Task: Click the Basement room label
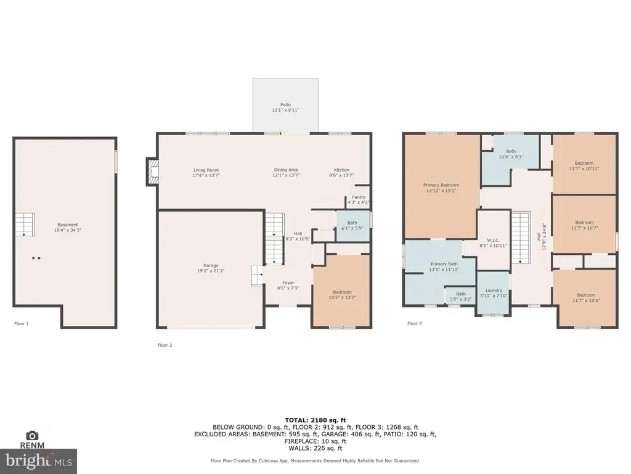(x=68, y=225)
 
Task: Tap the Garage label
(x=211, y=265)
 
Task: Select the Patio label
(x=286, y=105)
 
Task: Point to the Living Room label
(x=206, y=170)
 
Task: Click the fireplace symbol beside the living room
(x=153, y=172)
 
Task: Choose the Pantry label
(x=359, y=197)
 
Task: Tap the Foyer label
(x=288, y=283)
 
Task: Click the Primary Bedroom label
(x=441, y=185)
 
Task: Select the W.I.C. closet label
(x=493, y=240)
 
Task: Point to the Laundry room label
(x=494, y=290)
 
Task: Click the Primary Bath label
(x=444, y=264)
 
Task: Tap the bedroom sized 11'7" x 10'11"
(x=584, y=165)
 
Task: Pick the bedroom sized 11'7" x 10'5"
(x=586, y=297)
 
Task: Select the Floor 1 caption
(x=22, y=323)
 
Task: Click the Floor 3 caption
(x=415, y=323)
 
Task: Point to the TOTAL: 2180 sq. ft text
(x=315, y=420)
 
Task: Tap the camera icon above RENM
(x=32, y=435)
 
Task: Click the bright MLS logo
(x=38, y=461)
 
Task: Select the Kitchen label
(x=341, y=170)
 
